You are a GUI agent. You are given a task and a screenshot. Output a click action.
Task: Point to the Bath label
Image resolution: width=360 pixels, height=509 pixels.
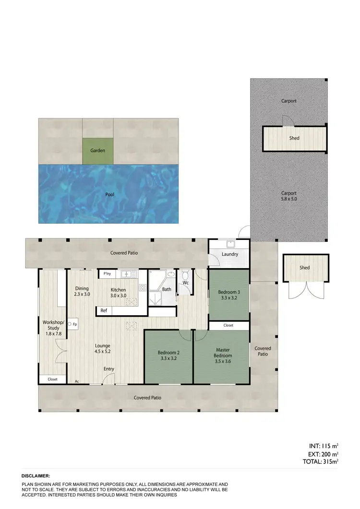click(x=167, y=289)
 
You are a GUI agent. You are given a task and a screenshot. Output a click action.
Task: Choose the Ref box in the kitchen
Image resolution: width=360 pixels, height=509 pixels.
click(x=104, y=311)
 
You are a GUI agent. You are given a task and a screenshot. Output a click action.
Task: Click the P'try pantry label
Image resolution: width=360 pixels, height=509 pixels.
click(x=108, y=274)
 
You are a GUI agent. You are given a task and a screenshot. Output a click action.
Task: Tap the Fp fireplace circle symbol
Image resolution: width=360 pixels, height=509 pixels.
click(x=70, y=324)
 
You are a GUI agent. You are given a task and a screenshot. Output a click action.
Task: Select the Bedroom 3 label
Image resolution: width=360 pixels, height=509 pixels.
click(x=229, y=292)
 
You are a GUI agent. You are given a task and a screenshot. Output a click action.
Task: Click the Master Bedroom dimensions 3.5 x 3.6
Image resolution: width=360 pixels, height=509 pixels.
click(x=223, y=362)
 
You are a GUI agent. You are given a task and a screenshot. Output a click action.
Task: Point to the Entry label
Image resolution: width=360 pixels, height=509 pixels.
click(x=109, y=369)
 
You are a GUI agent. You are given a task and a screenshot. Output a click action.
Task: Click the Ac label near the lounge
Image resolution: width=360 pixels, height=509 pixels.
click(x=76, y=382)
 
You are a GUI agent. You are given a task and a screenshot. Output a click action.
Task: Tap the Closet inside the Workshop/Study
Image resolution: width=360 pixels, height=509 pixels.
click(x=53, y=379)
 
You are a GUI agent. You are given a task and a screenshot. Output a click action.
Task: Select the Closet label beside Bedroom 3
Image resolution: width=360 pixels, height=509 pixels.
click(x=228, y=325)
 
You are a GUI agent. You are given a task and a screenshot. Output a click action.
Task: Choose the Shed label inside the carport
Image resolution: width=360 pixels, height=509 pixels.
click(x=294, y=138)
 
